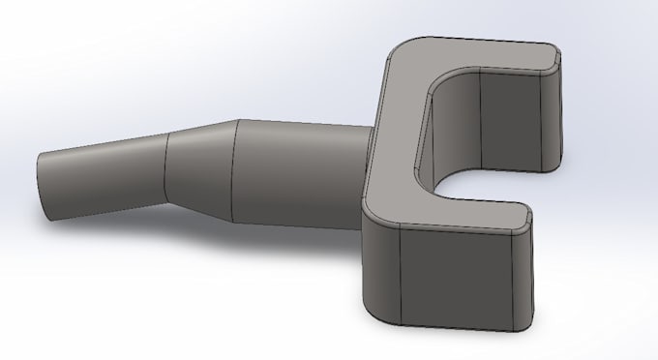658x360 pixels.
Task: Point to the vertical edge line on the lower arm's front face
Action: coord(400,277)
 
